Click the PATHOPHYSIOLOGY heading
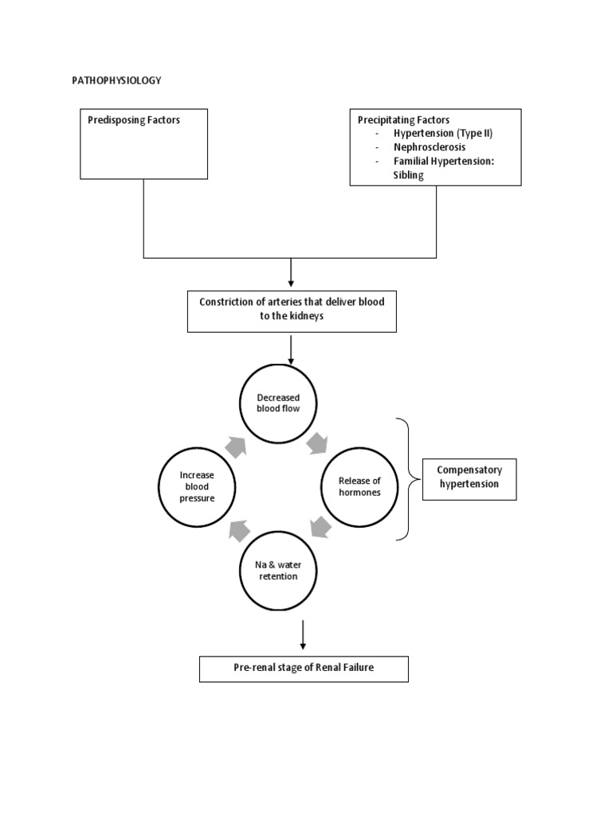pyautogui.click(x=116, y=80)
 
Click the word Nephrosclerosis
pyautogui.click(x=430, y=147)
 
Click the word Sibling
pyautogui.click(x=409, y=174)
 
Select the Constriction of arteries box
pyautogui.click(x=291, y=311)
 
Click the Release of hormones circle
pyautogui.click(x=359, y=486)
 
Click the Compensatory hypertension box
pyautogui.click(x=469, y=478)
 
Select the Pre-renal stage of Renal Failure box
pyautogui.click(x=303, y=669)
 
